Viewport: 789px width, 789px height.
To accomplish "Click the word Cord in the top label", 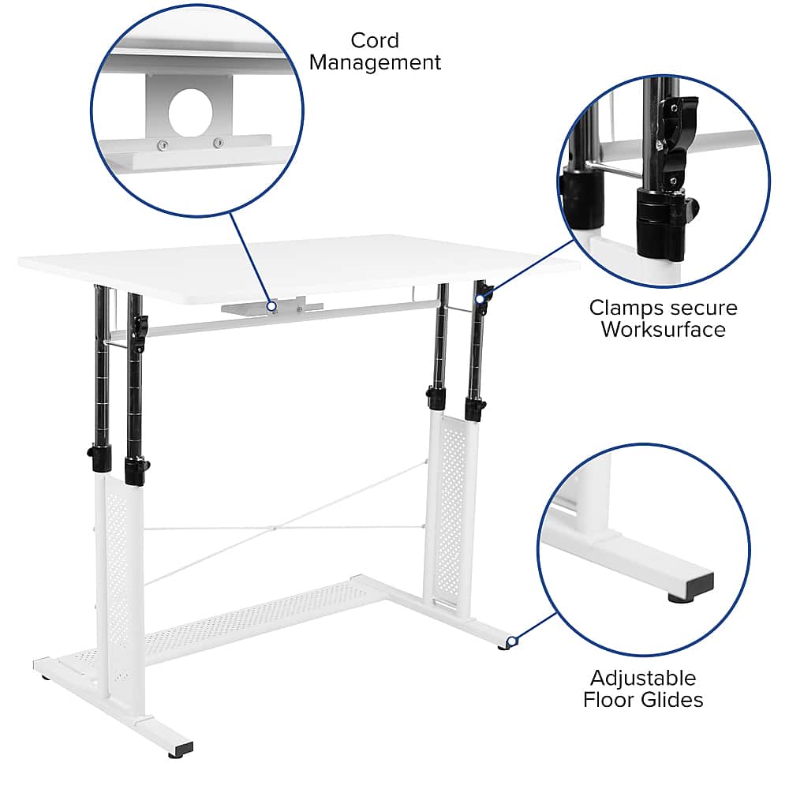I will pos(375,40).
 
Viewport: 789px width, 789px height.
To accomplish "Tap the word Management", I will pos(375,62).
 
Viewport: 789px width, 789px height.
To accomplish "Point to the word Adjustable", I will pos(643,678).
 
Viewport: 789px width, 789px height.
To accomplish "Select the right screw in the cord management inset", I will pos(217,143).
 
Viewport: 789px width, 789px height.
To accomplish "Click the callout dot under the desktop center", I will pos(271,306).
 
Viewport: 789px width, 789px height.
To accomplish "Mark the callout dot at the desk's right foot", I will pos(511,641).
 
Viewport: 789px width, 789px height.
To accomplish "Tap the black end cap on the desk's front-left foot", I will pos(181,748).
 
